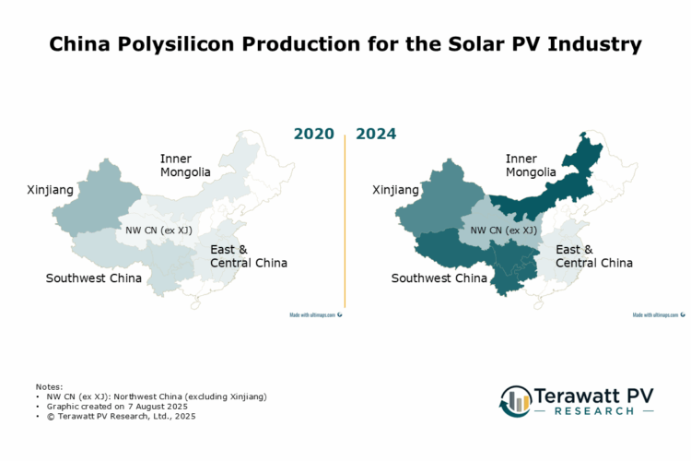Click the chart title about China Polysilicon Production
point(345,43)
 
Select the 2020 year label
point(313,134)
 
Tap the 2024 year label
point(376,134)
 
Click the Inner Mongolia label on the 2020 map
point(185,165)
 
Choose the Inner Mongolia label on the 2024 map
point(531,165)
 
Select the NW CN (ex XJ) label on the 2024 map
point(503,230)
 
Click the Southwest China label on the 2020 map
point(94,278)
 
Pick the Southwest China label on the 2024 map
point(439,278)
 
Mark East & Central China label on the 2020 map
point(248,256)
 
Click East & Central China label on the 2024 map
point(593,256)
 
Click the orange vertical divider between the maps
point(345,221)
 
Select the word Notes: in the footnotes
point(50,385)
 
